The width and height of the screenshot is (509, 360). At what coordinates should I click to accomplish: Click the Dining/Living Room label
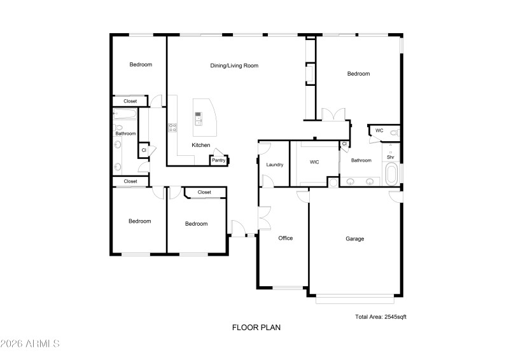tap(234, 66)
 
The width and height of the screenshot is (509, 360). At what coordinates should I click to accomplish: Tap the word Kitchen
tap(201, 146)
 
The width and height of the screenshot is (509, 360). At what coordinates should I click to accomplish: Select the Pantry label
tap(218, 160)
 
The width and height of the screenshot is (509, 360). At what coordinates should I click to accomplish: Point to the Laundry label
tap(274, 165)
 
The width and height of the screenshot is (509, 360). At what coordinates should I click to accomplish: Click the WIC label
tap(314, 162)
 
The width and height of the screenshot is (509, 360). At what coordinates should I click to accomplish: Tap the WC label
tap(379, 131)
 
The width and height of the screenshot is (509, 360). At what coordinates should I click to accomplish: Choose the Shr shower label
tap(390, 157)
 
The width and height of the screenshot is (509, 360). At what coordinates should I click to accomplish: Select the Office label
tap(286, 238)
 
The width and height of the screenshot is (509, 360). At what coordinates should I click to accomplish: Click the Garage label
tap(354, 239)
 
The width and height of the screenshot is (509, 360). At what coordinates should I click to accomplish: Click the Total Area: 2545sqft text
tap(380, 316)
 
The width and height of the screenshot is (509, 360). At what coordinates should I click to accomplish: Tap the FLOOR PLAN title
tap(256, 328)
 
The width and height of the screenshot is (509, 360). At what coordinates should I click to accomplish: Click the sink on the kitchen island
tap(199, 117)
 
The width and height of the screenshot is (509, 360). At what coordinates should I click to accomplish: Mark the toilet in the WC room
tap(394, 133)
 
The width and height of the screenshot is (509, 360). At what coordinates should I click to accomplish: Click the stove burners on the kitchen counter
tap(172, 128)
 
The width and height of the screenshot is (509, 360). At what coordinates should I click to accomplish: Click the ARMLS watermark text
tap(31, 344)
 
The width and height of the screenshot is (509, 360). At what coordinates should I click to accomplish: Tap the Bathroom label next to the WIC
tap(361, 160)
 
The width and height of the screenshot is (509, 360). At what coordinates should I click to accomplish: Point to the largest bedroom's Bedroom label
tap(358, 74)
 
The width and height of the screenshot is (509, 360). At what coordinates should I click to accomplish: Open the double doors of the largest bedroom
tap(333, 115)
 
